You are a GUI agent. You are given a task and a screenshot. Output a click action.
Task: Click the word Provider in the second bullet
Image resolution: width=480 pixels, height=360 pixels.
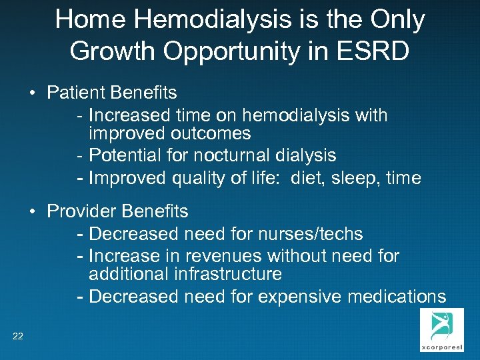(x=81, y=212)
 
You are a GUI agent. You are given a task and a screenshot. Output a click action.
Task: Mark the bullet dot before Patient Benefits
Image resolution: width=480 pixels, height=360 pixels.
(x=33, y=93)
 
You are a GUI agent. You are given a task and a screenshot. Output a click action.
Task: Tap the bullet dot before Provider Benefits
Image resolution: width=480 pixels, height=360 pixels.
(x=33, y=212)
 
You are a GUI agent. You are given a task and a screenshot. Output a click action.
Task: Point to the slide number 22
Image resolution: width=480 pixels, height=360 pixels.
(x=17, y=336)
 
